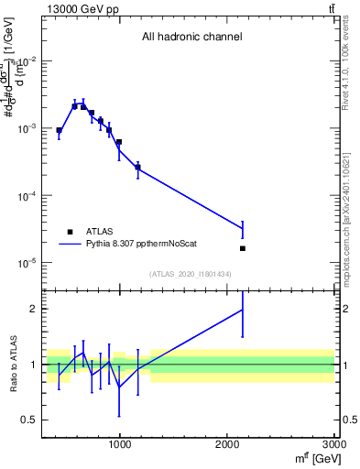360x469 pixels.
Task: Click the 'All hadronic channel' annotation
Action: pyautogui.click(x=191, y=38)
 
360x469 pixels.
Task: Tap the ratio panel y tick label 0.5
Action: pyautogui.click(x=29, y=420)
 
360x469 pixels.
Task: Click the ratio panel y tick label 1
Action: pyautogui.click(x=33, y=365)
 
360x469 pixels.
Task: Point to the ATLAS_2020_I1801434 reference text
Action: pyautogui.click(x=191, y=275)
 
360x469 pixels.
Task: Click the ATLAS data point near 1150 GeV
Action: pyautogui.click(x=137, y=168)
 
